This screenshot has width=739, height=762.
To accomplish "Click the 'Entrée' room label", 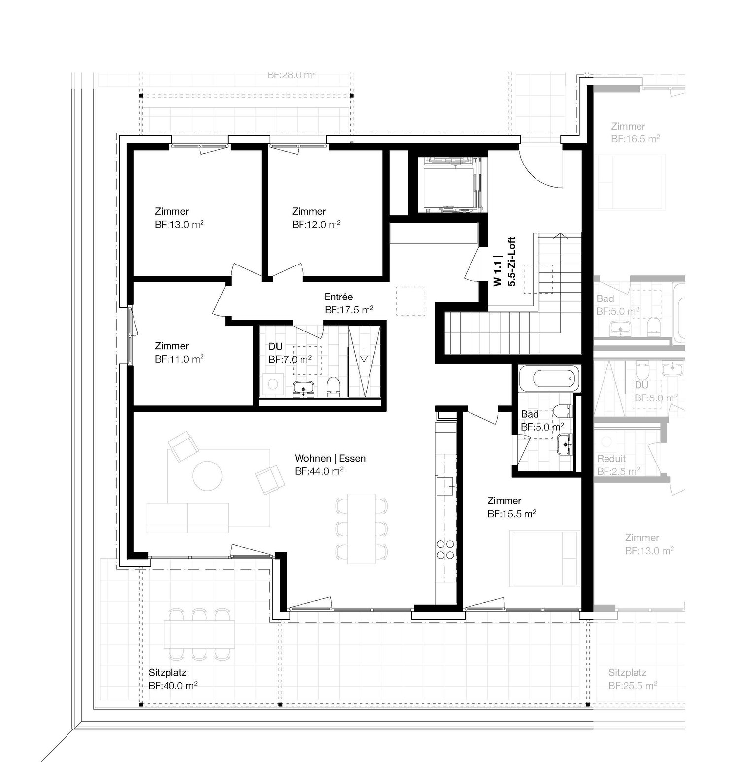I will click(338, 297).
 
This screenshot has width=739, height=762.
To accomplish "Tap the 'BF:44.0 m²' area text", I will click(319, 471).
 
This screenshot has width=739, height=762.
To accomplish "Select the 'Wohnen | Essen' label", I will click(330, 458).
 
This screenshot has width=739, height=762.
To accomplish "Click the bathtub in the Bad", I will click(547, 379).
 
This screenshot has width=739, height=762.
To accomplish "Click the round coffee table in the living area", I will click(207, 475).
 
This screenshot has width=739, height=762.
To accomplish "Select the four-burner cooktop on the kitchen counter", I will click(446, 549).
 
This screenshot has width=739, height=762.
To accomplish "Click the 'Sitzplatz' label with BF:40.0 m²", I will click(168, 673).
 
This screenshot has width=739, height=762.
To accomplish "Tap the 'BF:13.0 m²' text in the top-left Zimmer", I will click(179, 225).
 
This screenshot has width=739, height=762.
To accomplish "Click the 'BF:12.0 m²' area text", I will click(316, 225).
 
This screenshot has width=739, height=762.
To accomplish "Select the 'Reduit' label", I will click(611, 459).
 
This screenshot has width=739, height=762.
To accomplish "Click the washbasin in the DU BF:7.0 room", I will click(303, 388).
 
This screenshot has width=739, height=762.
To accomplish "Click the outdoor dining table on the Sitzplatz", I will click(200, 633).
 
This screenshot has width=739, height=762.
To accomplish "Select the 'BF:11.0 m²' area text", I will click(179, 359).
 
